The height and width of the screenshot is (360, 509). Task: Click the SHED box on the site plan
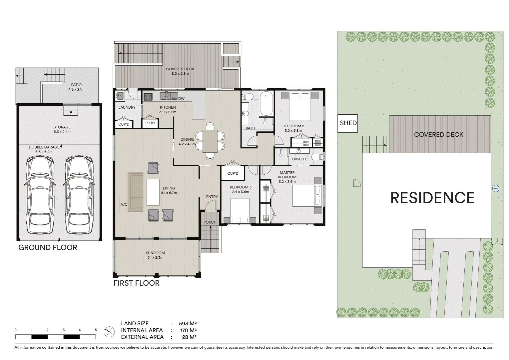pos(348,123)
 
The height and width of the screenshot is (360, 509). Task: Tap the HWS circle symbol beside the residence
pos(495,189)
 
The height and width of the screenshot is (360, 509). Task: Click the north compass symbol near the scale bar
pos(108,332)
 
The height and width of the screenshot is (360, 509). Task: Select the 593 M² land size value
pos(188,323)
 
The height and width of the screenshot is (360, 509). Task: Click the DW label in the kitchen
pos(181,99)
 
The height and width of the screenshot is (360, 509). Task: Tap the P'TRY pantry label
pos(150,123)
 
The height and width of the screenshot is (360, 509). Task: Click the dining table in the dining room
pos(210,141)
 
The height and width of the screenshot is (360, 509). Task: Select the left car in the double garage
pos(40,196)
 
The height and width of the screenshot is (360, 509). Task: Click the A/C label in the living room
pos(124,204)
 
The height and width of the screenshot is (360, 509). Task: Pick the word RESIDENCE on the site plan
pos(432,198)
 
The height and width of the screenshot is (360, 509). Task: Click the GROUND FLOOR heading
pos(48,248)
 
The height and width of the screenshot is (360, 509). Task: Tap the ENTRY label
pos(212,197)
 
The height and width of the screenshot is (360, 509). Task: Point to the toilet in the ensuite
pos(315,157)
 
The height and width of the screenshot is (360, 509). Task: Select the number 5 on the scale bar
pos(96,330)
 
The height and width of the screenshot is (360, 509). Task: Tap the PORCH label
pos(210,222)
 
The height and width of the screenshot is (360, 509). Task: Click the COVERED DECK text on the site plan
pos(438,135)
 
